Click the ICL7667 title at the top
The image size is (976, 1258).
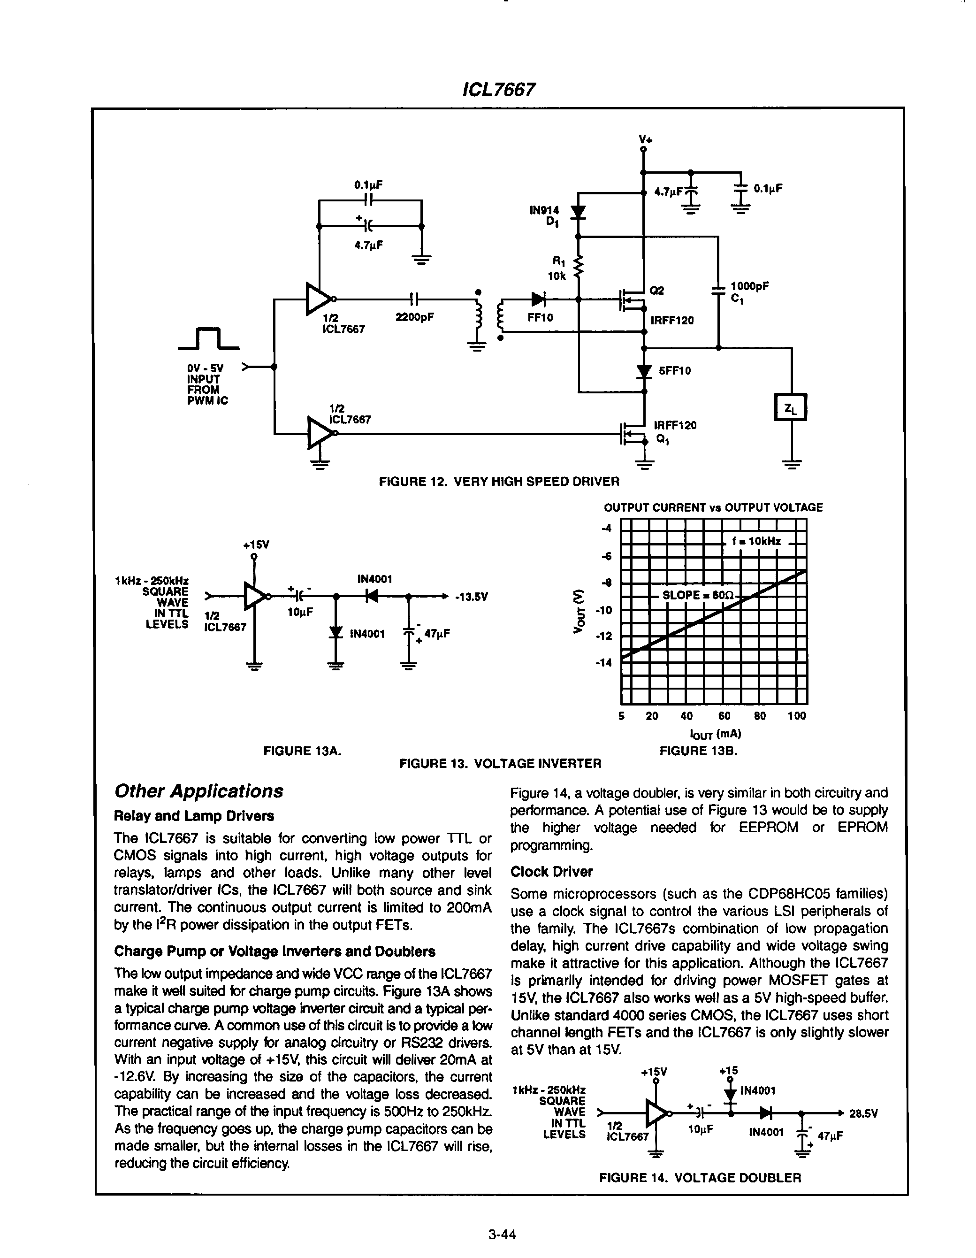click(499, 89)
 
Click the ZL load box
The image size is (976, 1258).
click(791, 407)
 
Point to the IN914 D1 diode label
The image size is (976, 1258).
click(545, 216)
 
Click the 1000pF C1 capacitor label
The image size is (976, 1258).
click(749, 291)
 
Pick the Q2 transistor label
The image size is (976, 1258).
click(656, 291)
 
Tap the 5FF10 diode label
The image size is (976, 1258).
click(675, 370)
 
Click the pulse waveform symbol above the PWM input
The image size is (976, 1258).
click(208, 339)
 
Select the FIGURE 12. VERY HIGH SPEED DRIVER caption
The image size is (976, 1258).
click(499, 481)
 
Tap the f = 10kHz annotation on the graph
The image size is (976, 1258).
click(756, 541)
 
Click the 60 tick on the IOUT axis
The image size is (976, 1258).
click(724, 716)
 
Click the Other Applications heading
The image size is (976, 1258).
click(198, 791)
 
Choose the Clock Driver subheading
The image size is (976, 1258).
click(551, 872)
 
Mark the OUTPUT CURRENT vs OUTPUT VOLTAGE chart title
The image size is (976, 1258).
click(713, 507)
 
